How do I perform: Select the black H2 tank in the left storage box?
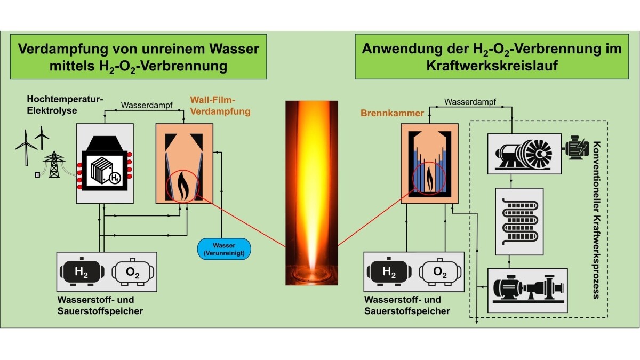(82, 272)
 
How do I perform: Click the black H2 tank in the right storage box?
(390, 272)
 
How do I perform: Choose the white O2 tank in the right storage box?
(440, 272)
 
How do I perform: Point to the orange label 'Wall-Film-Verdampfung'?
(219, 106)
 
